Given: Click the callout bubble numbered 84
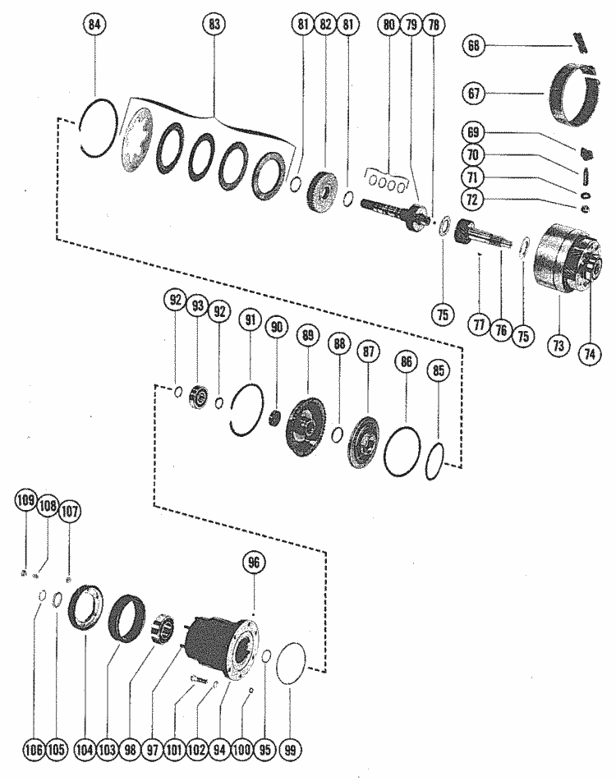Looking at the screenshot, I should pos(96,27).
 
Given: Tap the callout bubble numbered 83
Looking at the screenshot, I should pos(215,26).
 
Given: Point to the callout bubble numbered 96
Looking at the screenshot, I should pos(254,563).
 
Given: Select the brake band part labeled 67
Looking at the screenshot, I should pos(574,94).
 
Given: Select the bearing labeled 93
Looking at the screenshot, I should pos(198,395).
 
